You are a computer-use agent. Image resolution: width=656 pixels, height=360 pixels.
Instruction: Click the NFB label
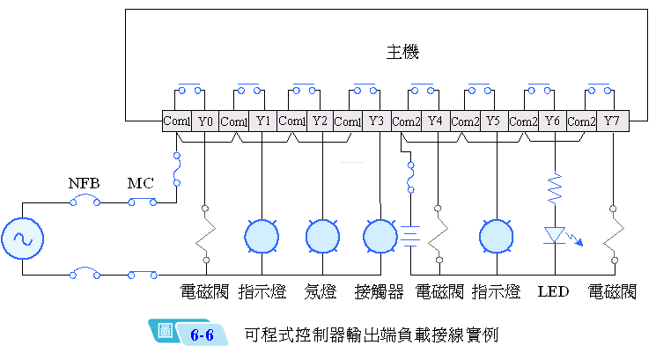85,184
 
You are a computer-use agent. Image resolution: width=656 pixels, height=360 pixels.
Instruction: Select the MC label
141,184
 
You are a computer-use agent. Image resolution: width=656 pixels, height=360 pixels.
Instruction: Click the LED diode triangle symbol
555,235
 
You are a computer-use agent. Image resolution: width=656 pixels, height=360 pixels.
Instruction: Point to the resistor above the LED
555,187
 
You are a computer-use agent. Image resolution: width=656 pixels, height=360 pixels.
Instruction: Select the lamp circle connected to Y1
261,235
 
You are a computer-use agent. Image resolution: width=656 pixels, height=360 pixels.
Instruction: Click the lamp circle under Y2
322,235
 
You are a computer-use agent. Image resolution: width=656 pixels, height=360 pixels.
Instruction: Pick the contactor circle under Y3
380,235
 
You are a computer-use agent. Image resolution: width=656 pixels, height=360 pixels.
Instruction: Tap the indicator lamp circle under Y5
497,235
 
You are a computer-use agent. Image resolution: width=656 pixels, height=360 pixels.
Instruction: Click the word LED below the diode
553,291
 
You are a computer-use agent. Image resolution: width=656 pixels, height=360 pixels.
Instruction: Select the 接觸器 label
379,291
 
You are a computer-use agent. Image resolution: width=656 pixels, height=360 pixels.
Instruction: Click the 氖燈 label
321,291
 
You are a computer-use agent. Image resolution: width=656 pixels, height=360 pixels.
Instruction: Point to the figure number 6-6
203,334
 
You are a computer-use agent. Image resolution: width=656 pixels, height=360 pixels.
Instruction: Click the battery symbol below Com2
410,235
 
